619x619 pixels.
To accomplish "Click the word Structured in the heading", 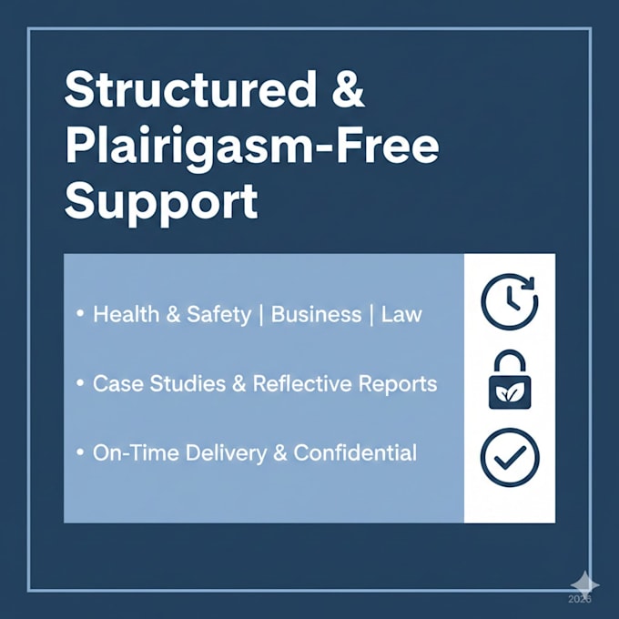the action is coord(190,89).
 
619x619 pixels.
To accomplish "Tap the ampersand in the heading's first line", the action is coord(348,89).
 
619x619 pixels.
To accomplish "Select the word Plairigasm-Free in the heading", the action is coord(252,148).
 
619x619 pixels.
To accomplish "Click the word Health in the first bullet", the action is coord(126,314).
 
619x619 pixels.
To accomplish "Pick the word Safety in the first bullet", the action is coord(218,315).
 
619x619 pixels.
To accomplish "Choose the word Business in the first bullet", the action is coord(316,314).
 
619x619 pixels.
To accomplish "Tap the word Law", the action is coord(401,314).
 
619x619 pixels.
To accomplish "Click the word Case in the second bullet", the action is coord(118,383).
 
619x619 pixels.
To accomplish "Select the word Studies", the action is coord(188,383).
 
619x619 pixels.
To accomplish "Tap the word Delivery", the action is coord(226,453).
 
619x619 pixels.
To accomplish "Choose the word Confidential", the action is coord(355,452).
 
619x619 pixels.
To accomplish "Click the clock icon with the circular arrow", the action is coord(509,301).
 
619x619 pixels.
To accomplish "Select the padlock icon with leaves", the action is coord(510,380).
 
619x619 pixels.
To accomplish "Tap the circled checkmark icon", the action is coord(510,457).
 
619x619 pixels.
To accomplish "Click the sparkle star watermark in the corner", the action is coord(584,584).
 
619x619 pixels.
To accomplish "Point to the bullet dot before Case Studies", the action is coord(80,382).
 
